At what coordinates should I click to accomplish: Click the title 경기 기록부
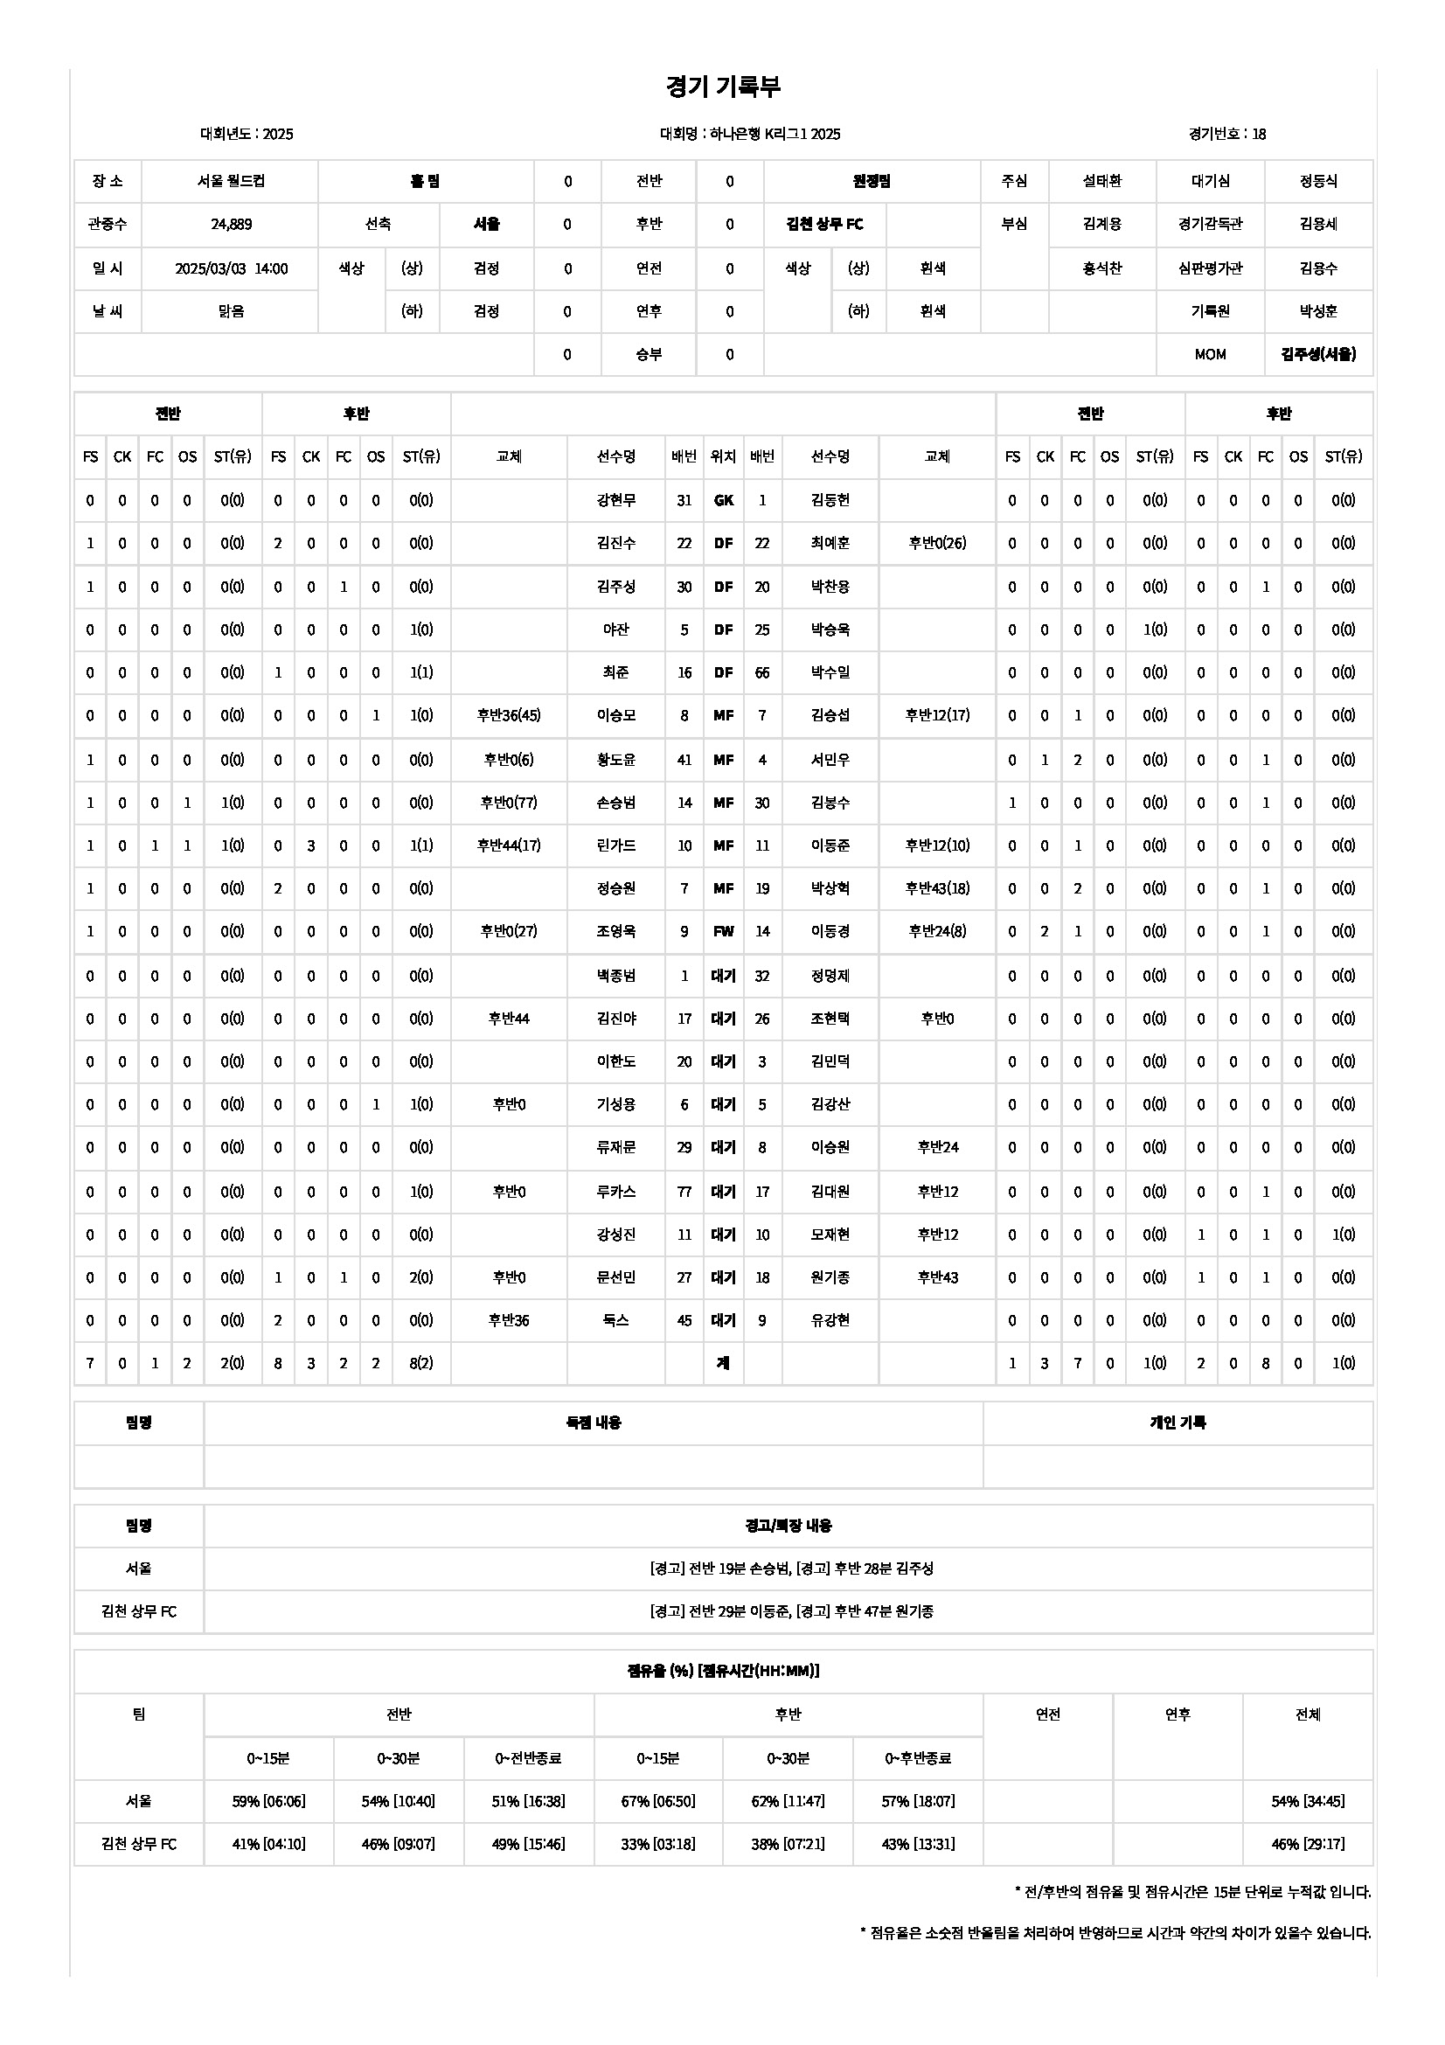click(722, 87)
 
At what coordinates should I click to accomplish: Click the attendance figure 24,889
click(231, 225)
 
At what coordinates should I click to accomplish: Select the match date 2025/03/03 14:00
click(231, 268)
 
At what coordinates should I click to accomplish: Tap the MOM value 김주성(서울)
click(1317, 354)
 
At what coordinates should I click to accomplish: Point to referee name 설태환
click(1101, 181)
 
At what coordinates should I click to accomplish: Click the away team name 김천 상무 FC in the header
click(824, 225)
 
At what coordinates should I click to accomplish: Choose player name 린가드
click(616, 845)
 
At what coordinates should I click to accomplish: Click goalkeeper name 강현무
click(616, 501)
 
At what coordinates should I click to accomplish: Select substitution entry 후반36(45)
click(509, 715)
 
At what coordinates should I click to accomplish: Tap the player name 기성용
click(616, 1104)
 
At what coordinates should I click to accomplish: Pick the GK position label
click(723, 501)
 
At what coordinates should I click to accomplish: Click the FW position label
click(723, 932)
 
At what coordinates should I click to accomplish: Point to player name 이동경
click(830, 932)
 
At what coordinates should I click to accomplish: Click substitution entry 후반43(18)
click(936, 888)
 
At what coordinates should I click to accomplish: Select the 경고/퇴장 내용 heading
click(788, 1526)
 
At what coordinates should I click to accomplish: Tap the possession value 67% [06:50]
click(658, 1801)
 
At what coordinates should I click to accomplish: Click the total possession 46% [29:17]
click(1307, 1844)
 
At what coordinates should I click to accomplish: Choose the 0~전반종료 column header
click(528, 1758)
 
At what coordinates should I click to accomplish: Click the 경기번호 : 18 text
click(1226, 135)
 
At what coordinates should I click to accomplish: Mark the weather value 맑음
click(231, 312)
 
